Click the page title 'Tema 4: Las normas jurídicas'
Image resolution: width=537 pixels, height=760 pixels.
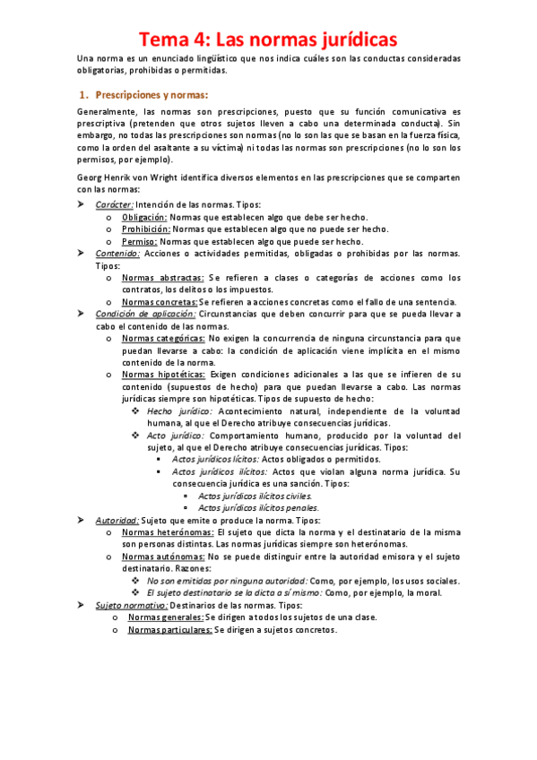pos(266,39)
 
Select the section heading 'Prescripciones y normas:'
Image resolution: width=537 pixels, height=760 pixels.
pos(152,94)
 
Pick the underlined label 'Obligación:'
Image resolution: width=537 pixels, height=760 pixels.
pos(144,218)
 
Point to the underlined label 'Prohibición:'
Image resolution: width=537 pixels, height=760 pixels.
pos(146,229)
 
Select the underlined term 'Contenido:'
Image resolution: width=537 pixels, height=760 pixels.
pos(117,254)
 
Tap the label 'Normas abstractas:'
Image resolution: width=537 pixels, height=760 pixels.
pos(162,278)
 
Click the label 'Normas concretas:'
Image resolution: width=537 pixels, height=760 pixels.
pos(160,302)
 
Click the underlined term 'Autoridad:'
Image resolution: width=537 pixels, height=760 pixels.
pos(117,520)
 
